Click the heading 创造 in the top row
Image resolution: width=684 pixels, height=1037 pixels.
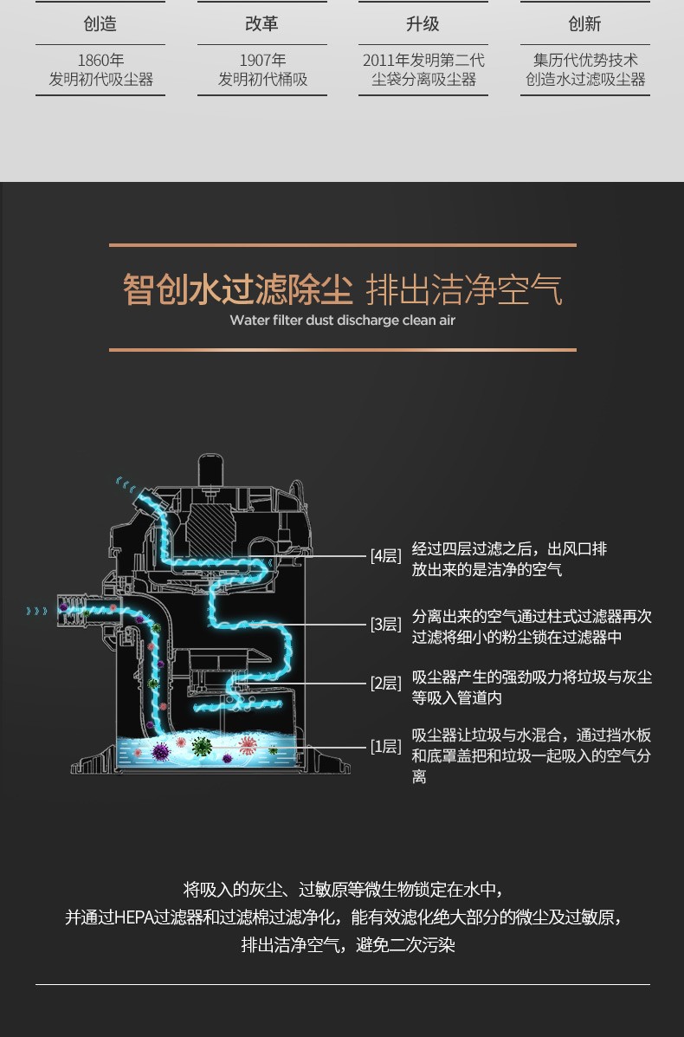pyautogui.click(x=100, y=23)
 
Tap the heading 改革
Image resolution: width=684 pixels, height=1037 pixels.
pyautogui.click(x=261, y=23)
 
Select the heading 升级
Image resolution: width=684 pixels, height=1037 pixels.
pyautogui.click(x=423, y=23)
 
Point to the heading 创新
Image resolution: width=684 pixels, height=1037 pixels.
pyautogui.click(x=585, y=23)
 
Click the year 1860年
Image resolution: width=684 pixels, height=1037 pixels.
pyautogui.click(x=100, y=60)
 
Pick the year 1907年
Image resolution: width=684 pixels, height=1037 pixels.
pyautogui.click(x=262, y=60)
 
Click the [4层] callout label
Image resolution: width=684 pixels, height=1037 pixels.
pyautogui.click(x=386, y=555)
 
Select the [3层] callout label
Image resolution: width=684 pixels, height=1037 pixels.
pyautogui.click(x=386, y=624)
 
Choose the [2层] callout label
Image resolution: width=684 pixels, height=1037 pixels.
pyautogui.click(x=386, y=684)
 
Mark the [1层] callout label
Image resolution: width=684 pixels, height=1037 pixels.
pyautogui.click(x=386, y=747)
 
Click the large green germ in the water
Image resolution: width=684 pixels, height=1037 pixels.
pyautogui.click(x=202, y=747)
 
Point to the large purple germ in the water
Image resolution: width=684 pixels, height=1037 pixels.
pyautogui.click(x=160, y=752)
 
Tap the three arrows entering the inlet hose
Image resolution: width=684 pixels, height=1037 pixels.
pyautogui.click(x=37, y=611)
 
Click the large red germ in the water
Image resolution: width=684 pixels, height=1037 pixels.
pyautogui.click(x=247, y=745)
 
